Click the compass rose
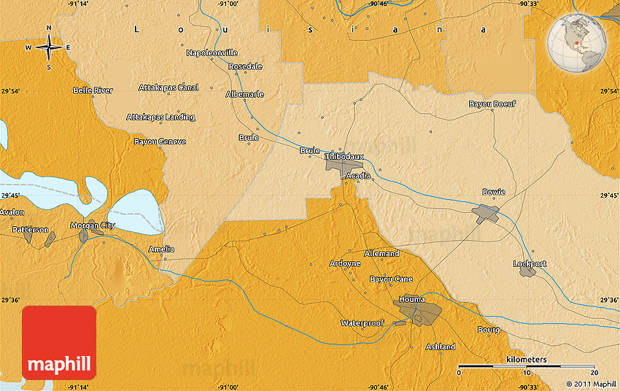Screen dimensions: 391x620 point(49,47)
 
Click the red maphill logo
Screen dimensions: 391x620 point(59,343)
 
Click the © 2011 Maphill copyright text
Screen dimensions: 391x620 point(592,384)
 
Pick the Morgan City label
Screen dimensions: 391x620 point(93,225)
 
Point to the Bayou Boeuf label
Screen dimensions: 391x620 point(492,104)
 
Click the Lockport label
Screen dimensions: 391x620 point(529,263)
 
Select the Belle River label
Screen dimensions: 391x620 point(93,90)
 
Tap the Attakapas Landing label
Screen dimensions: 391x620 point(160,117)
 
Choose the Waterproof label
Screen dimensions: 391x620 point(363,322)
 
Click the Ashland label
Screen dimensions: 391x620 point(440,347)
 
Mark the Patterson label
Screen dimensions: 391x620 point(31,229)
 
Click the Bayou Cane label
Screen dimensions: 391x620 point(391,279)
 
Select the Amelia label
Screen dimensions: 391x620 point(161,249)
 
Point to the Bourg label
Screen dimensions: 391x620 point(489,330)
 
